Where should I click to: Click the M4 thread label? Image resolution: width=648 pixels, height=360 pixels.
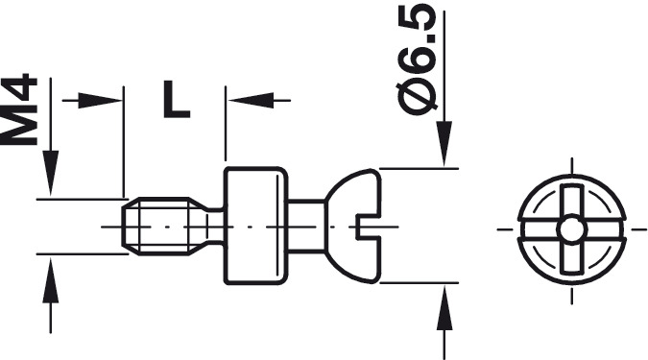(18, 110)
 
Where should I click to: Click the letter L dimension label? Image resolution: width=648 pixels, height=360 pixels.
(177, 99)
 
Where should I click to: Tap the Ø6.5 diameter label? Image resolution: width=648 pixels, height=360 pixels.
(416, 60)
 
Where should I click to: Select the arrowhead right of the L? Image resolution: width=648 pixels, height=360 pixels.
(251, 101)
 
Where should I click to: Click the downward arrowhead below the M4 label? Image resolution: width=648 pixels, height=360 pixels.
(51, 173)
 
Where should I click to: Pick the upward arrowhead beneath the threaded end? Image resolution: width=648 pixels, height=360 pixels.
(51, 280)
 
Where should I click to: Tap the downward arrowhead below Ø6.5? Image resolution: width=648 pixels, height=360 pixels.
(444, 144)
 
